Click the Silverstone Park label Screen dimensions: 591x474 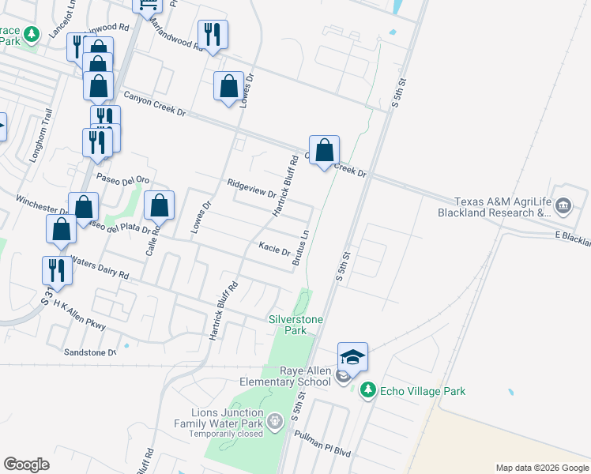288,325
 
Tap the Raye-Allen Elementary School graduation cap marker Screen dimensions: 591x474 352,358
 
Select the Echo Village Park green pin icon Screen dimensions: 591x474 367,390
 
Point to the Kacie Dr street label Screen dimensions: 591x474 274,249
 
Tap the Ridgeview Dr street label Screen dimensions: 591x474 251,188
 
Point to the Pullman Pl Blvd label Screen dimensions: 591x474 322,444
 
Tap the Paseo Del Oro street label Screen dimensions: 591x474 122,179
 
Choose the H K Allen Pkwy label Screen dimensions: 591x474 79,318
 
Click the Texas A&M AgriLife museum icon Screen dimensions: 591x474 563,206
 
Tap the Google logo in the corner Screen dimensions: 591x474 27,465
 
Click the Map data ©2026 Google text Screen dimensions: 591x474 541,468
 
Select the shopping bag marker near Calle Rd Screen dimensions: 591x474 160,205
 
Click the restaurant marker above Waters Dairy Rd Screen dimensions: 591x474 57,270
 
